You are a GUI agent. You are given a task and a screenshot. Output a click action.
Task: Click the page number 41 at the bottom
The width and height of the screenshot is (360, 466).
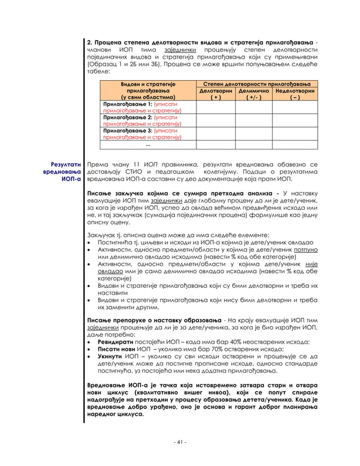pos(179,442)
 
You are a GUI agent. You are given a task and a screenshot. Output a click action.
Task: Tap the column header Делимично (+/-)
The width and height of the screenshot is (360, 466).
pos(253,94)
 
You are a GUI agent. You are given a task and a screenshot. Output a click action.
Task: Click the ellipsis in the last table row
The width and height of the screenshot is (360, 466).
pos(148,144)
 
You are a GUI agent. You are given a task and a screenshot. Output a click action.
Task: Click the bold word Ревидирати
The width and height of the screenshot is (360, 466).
pos(116,342)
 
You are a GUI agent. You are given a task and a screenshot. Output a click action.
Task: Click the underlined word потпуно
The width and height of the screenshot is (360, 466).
pos(306,249)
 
